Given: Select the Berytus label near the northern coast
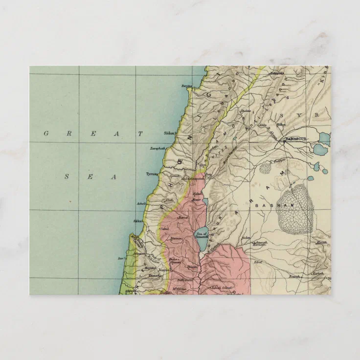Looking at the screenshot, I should coord(187,86).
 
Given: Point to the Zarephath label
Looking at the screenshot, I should coord(158,148).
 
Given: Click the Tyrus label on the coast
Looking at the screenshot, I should coord(152,174).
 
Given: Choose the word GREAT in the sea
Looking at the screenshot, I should coord(93,133).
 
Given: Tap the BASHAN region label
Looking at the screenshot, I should coord(270,206).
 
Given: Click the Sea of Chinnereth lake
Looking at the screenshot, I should coord(201,235).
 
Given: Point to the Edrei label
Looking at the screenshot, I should coord(258,262).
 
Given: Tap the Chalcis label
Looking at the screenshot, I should coord(246,111).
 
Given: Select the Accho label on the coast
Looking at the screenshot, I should coord(138,222).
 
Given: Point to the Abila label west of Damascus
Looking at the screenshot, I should coord(262,124).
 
